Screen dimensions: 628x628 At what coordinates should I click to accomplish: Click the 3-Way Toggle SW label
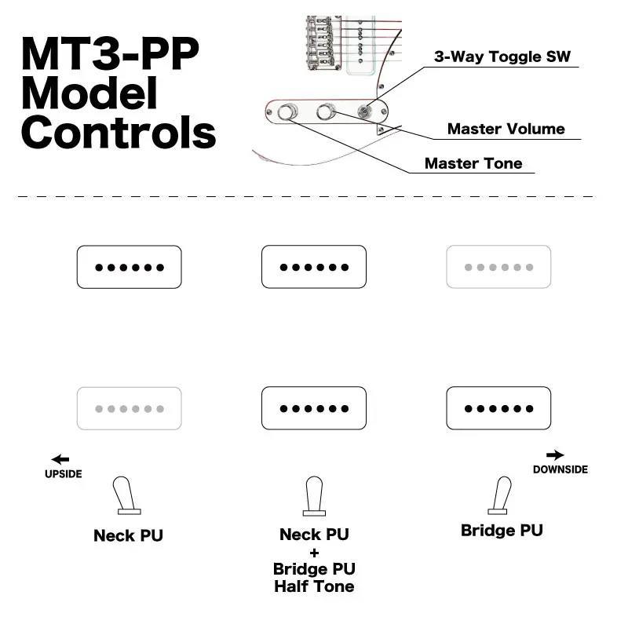[x=502, y=57]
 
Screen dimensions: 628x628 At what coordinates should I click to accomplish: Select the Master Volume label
[x=506, y=129]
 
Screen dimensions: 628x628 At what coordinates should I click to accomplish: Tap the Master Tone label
[x=473, y=163]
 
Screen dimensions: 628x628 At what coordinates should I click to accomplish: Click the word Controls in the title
[x=119, y=131]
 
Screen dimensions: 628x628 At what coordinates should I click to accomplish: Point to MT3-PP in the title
[x=110, y=53]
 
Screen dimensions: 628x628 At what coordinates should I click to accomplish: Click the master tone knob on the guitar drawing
[x=288, y=114]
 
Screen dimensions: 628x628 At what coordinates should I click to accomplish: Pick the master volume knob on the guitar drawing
[x=326, y=113]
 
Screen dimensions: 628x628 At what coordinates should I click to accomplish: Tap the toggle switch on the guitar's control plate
[x=364, y=112]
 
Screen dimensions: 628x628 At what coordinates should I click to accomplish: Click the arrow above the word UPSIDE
[x=60, y=459]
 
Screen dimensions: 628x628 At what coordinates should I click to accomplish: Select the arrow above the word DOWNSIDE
[x=555, y=455]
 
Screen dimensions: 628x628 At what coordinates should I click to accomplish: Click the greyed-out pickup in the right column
[x=498, y=267]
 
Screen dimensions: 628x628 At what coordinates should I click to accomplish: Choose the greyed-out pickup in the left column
[x=129, y=408]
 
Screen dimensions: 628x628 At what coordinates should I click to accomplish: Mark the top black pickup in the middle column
[x=314, y=267]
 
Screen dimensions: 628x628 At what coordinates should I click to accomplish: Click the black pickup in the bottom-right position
[x=498, y=408]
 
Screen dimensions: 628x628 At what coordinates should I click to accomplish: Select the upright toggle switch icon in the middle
[x=314, y=496]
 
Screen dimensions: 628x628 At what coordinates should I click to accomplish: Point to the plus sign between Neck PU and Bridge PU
[x=314, y=553]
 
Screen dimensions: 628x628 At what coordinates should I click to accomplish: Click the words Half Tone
[x=314, y=586]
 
